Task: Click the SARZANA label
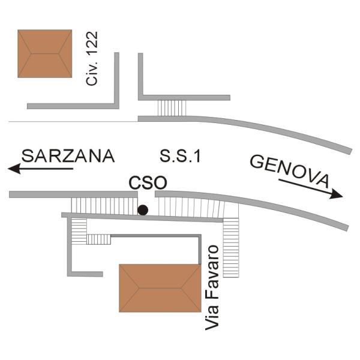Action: (x=68, y=155)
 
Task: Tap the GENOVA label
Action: (x=290, y=170)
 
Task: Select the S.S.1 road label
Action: (x=180, y=156)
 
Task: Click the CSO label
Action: (x=148, y=183)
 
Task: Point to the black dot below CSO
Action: (x=143, y=210)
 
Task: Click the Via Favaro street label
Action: (x=212, y=287)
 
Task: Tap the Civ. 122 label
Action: (x=92, y=59)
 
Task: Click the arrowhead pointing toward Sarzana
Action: (x=14, y=169)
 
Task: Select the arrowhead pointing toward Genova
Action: (x=337, y=194)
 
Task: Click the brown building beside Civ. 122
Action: (x=45, y=53)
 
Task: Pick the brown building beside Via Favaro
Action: (x=160, y=288)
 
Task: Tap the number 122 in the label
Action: (x=92, y=43)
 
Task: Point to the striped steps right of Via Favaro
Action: (x=231, y=248)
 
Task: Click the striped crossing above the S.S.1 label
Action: (x=172, y=108)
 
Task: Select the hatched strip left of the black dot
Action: (x=104, y=206)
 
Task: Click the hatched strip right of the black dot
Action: (x=191, y=207)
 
